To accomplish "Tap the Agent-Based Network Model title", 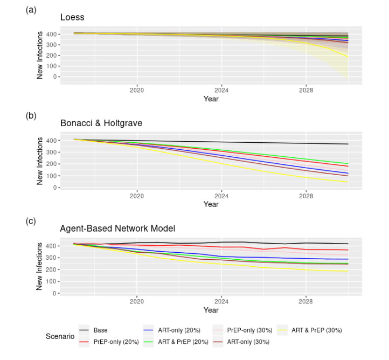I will [115, 229].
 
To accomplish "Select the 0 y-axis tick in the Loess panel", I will [54, 77].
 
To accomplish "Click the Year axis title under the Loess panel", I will [211, 99].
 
